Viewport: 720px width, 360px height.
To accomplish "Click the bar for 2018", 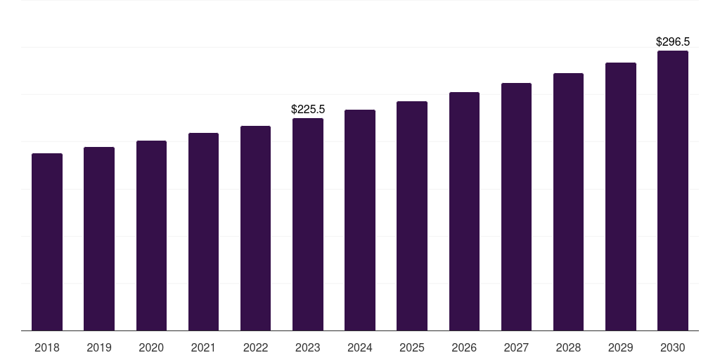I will (x=47, y=242).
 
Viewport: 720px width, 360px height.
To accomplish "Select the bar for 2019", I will (x=99, y=239).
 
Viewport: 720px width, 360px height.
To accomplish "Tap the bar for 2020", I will (x=151, y=236).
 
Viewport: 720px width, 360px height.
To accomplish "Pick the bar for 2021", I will (x=203, y=232).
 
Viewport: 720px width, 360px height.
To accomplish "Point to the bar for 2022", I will (x=255, y=229).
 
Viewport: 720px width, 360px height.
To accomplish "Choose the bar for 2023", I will (x=308, y=224).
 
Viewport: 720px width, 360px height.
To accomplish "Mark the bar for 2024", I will (x=360, y=220).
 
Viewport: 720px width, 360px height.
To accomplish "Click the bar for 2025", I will (x=412, y=216).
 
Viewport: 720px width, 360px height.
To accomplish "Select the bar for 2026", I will (x=464, y=211).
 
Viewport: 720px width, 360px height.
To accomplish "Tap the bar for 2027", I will (x=516, y=207).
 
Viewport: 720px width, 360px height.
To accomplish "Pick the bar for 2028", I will (x=568, y=202).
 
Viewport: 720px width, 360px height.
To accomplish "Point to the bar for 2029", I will (x=621, y=196).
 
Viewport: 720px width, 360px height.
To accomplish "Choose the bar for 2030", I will (x=673, y=191).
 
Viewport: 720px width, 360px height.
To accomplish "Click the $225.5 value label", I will (x=308, y=110).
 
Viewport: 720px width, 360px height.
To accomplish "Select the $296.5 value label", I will (x=673, y=42).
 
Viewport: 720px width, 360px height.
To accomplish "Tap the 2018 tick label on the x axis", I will (x=47, y=348).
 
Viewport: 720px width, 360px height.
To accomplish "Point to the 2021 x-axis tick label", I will (x=203, y=348).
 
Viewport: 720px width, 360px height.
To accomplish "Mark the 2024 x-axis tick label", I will (x=360, y=348).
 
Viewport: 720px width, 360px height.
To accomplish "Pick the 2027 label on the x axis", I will (x=516, y=348).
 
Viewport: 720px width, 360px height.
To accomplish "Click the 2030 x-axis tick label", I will (x=673, y=348).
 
